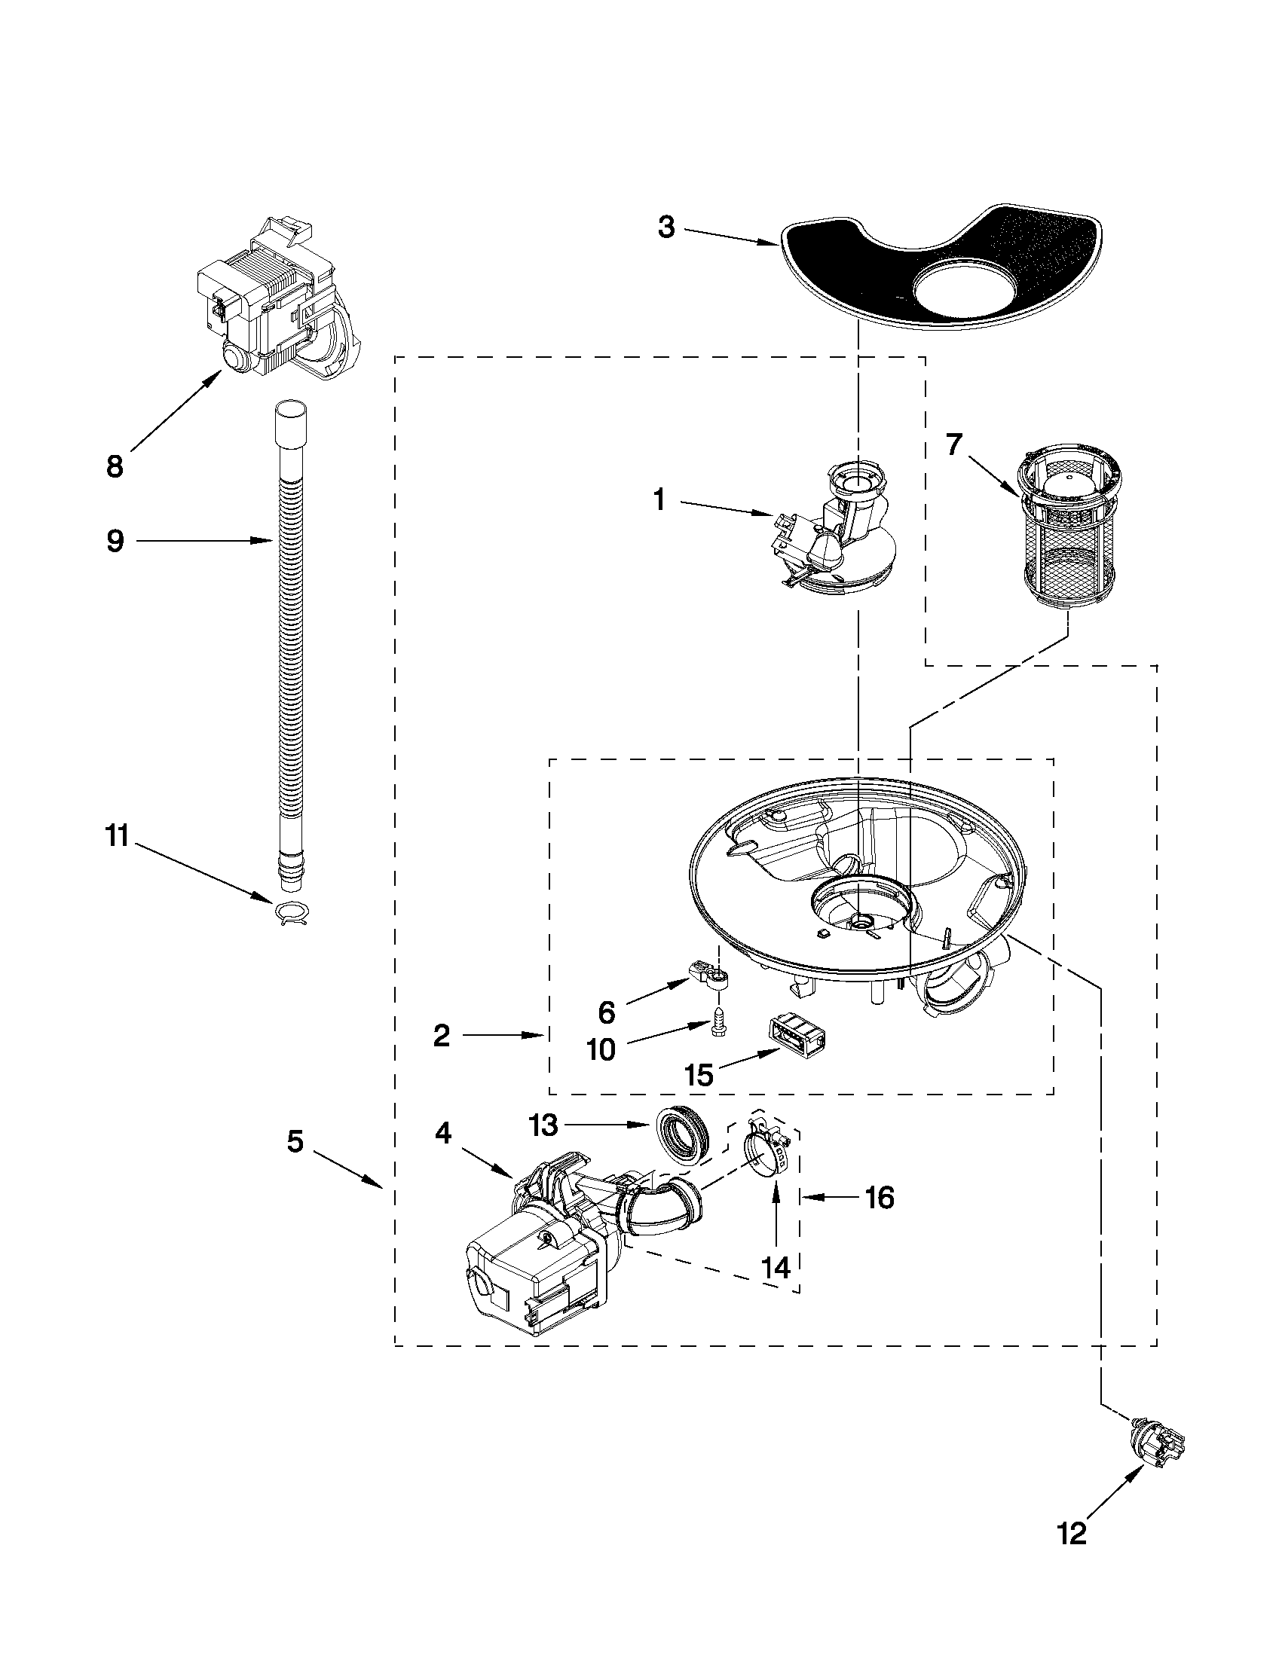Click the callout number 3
[x=666, y=227]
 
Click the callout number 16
[x=879, y=1198]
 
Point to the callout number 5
[x=295, y=1141]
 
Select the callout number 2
[x=442, y=1036]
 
